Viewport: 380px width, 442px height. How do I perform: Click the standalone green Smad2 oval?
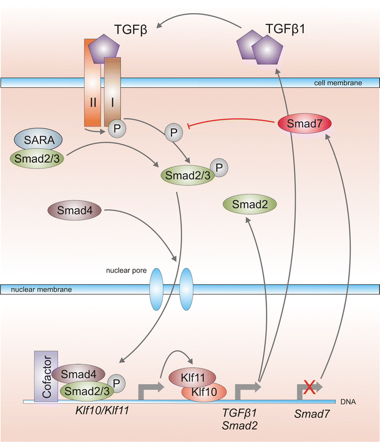(x=250, y=204)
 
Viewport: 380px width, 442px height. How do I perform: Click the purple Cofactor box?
(x=47, y=376)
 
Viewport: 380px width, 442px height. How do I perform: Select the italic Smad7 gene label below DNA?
(x=311, y=413)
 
